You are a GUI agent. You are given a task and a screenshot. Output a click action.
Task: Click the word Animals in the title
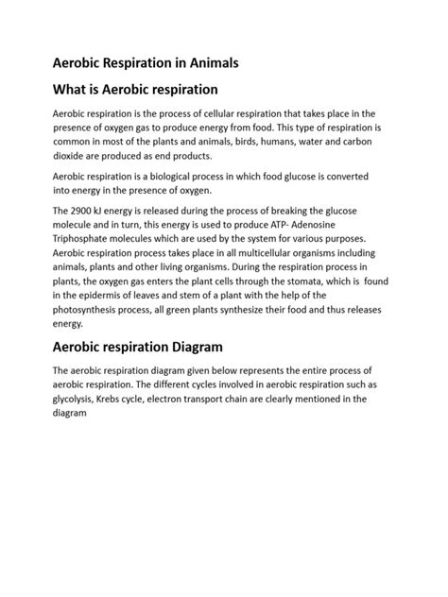coord(208,63)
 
